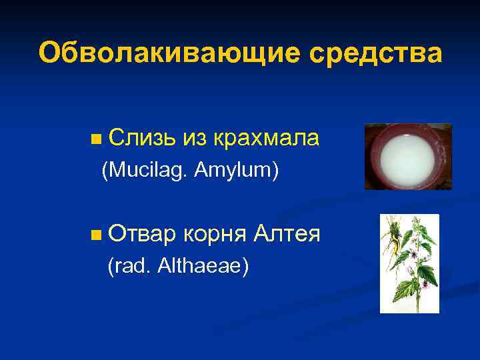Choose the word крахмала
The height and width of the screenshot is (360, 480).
click(x=267, y=138)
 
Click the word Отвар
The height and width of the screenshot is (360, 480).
click(x=142, y=234)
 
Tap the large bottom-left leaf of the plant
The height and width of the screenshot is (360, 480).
click(x=403, y=290)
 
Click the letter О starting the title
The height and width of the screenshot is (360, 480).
click(x=48, y=53)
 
